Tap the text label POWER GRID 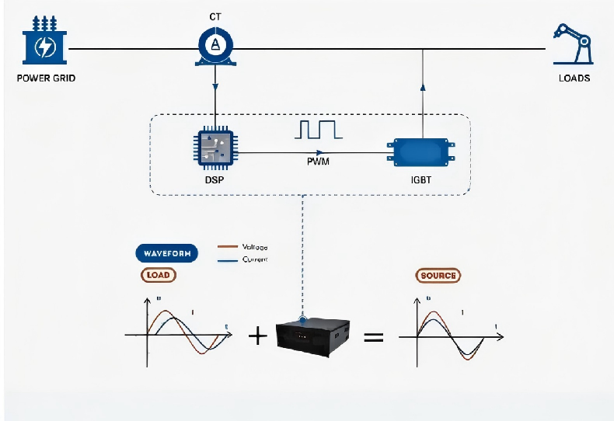pyautogui.click(x=46, y=78)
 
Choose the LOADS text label pyautogui.click(x=574, y=78)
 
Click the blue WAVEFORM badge pyautogui.click(x=166, y=253)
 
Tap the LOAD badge pyautogui.click(x=159, y=275)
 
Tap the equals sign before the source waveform pyautogui.click(x=375, y=337)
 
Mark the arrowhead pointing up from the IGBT pyautogui.click(x=422, y=87)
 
